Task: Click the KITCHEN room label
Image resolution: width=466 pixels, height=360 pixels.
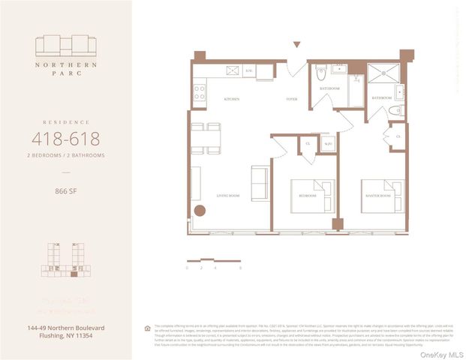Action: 232,99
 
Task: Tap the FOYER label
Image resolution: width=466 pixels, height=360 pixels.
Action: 291,99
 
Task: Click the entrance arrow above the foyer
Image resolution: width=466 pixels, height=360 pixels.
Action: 296,45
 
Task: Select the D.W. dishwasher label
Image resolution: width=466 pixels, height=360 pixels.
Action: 248,71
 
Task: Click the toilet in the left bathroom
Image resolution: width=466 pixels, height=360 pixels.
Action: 320,73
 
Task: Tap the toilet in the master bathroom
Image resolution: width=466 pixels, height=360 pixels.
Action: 398,110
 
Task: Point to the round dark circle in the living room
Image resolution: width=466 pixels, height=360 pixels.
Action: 200,211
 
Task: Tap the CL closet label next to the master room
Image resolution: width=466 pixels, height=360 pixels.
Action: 397,137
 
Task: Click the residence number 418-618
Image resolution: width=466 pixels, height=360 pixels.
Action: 66,139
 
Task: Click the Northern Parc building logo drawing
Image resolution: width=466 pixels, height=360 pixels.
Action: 65,46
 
